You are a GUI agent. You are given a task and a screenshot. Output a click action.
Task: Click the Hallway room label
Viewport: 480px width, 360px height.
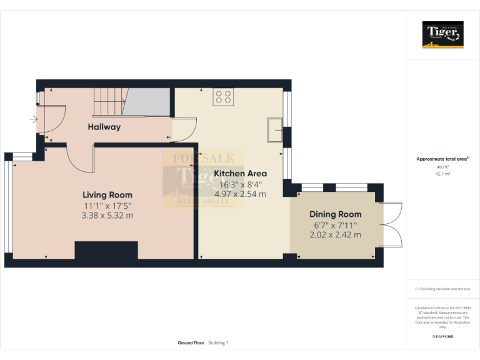[x=104, y=127]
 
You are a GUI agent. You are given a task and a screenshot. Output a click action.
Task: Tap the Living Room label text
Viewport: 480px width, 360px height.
[x=107, y=195]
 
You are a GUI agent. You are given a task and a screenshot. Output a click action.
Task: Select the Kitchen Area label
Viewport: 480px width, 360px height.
[x=241, y=174]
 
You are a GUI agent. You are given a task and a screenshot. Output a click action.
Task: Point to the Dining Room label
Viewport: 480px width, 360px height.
[x=336, y=214]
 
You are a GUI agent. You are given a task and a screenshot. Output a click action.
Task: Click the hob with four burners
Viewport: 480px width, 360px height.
[x=223, y=97]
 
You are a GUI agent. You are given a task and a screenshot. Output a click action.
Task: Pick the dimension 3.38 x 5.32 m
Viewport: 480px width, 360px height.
[x=107, y=216]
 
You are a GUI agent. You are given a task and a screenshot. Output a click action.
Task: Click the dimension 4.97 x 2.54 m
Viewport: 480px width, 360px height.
[x=241, y=194]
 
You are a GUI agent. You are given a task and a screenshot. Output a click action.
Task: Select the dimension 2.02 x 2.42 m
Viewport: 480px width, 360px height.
[x=336, y=235]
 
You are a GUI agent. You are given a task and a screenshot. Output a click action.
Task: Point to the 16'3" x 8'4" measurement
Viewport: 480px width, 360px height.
[x=241, y=184]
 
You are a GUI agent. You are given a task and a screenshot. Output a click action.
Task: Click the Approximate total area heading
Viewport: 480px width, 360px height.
[x=442, y=159]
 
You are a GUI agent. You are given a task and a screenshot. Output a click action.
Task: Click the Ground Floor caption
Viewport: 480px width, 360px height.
[x=190, y=343]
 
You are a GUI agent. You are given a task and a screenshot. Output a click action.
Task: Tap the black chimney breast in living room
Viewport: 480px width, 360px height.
[x=106, y=250]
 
